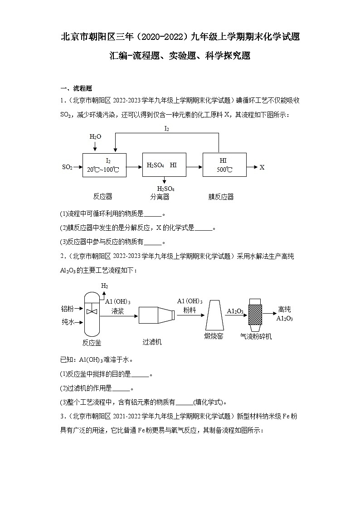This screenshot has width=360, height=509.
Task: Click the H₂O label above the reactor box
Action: (95, 136)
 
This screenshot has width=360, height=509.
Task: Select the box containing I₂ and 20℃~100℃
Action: (104, 165)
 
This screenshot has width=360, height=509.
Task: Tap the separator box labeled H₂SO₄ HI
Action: (164, 165)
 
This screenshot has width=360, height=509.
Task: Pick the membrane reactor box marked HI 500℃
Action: (224, 165)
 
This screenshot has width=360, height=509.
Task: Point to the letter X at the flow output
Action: (262, 167)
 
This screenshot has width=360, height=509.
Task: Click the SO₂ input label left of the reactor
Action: (67, 167)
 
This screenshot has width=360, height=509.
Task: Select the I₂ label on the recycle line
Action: (166, 129)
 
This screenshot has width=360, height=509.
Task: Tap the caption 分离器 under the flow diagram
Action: (160, 197)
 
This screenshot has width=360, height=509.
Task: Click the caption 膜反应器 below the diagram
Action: (221, 197)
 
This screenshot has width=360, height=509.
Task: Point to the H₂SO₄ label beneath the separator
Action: (166, 189)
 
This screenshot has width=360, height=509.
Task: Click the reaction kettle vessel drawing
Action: (92, 313)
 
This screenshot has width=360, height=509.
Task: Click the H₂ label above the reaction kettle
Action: (105, 286)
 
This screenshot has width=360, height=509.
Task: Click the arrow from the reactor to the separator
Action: (134, 167)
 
